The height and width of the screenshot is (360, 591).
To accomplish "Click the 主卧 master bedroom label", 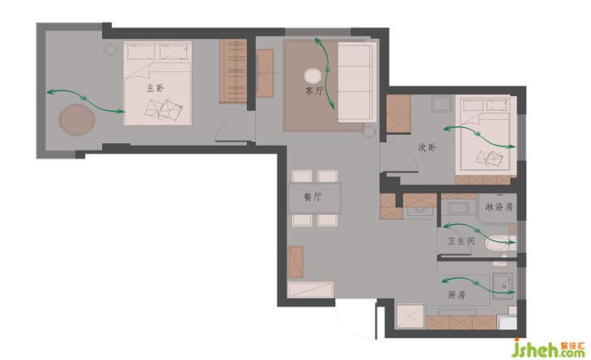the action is click(x=155, y=88).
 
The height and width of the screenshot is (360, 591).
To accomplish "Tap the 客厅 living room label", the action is click(x=314, y=91).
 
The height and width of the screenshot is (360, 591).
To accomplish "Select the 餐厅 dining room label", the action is click(x=313, y=197).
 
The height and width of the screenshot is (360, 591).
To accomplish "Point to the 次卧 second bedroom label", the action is click(x=427, y=147).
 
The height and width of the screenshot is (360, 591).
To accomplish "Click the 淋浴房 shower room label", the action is click(x=499, y=207).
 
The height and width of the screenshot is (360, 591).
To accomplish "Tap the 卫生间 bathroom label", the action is click(x=461, y=241).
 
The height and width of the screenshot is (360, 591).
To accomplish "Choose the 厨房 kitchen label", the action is click(x=457, y=295).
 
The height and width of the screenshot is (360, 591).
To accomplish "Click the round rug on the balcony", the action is click(x=77, y=120).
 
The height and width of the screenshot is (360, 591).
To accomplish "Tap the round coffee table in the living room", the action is click(x=313, y=76).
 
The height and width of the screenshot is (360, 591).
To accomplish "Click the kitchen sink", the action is click(x=502, y=286).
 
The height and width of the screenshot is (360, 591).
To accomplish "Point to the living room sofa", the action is click(x=357, y=82).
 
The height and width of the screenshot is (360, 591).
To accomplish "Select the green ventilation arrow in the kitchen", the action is click(x=478, y=285).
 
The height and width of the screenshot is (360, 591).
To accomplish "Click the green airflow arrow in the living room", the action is click(x=327, y=70).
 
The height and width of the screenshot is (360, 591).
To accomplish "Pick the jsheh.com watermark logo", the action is click(x=548, y=348).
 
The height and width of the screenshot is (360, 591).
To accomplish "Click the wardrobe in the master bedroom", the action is click(x=233, y=71).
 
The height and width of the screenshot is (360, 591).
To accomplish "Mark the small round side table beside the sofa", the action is click(x=369, y=131).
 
